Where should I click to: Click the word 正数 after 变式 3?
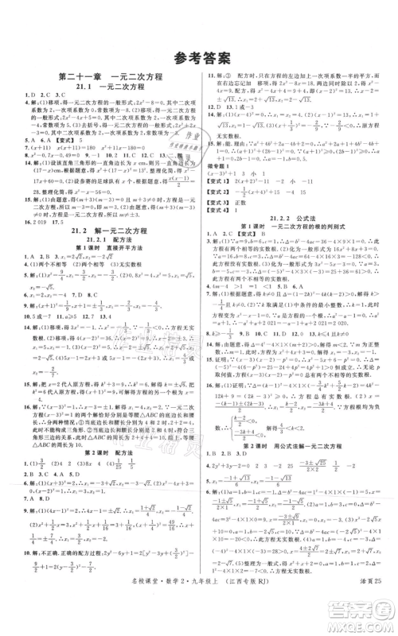pyautogui.click(x=247, y=200)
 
